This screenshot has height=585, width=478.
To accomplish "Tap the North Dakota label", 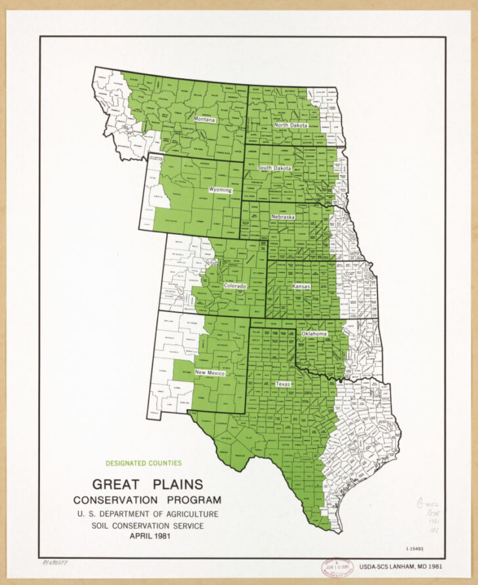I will point(291,125).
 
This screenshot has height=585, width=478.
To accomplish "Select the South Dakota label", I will point(274,168).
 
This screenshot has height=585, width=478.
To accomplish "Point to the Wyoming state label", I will point(220,190).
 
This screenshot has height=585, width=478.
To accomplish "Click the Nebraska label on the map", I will point(283,216).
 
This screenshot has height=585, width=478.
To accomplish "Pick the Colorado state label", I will point(235,286).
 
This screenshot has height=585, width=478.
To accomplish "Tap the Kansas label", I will point(301,288).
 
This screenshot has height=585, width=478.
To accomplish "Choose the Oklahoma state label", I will point(314,334).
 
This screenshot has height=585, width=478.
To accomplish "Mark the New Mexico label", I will point(210,373).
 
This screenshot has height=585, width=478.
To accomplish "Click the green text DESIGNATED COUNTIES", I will point(143,463).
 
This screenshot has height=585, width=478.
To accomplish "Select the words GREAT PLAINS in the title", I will point(147,485).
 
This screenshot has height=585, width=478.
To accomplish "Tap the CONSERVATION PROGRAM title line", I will point(147,500).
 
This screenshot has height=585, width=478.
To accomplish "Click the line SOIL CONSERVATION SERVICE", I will point(147,526).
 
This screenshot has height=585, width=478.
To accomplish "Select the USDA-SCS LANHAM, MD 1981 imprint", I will point(414,565).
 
